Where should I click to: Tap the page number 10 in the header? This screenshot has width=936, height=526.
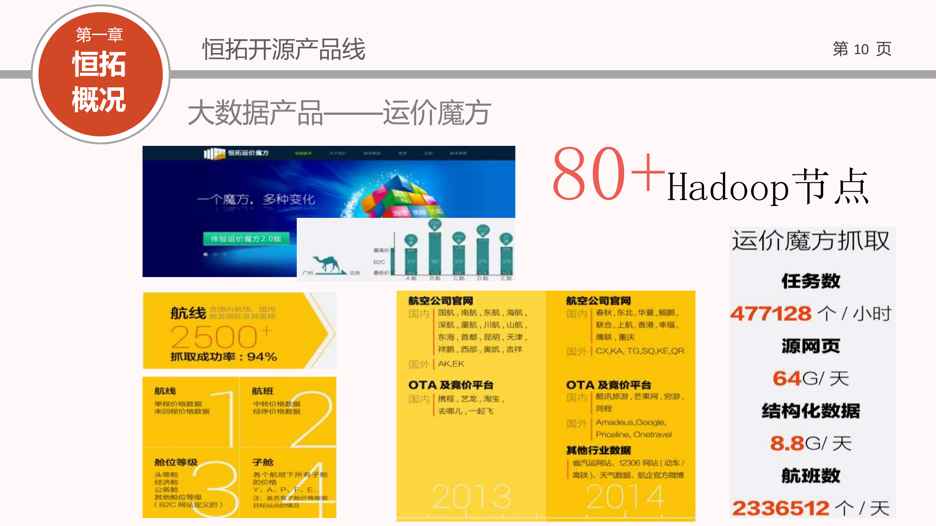click(x=861, y=49)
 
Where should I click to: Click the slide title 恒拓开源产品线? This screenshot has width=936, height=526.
click(x=284, y=49)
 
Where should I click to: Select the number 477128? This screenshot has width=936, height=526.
click(x=770, y=314)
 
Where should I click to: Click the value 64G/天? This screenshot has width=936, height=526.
click(x=810, y=378)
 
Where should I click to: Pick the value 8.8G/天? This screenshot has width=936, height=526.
click(x=810, y=443)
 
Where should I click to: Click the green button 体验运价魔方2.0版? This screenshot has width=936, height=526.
click(x=246, y=239)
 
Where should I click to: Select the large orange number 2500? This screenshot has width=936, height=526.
click(x=214, y=337)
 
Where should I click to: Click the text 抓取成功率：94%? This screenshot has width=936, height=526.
click(x=223, y=357)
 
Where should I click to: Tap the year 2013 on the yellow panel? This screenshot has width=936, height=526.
click(x=471, y=496)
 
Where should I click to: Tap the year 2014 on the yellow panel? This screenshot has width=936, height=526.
click(x=625, y=496)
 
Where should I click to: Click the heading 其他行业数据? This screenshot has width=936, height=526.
click(x=598, y=450)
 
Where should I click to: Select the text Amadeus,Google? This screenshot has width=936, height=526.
click(x=631, y=423)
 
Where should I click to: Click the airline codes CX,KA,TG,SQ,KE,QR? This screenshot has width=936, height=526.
click(x=640, y=351)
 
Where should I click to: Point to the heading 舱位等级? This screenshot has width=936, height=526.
click(x=176, y=462)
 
